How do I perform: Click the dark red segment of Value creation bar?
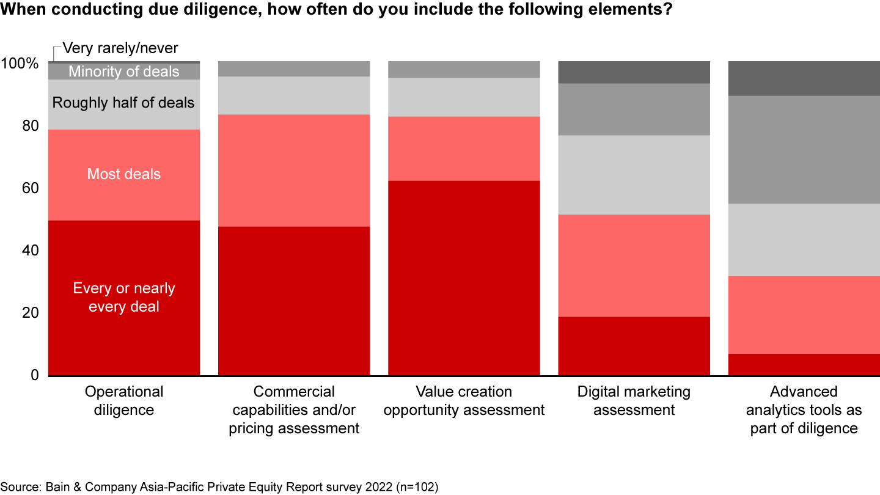[464, 277]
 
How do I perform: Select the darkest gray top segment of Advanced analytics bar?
[804, 78]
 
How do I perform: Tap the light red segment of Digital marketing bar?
[634, 265]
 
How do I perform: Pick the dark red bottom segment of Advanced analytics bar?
[804, 364]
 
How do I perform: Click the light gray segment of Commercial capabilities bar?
[294, 95]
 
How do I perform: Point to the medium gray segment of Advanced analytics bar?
[804, 150]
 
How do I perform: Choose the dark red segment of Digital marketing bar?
[634, 345]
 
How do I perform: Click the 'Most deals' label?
[123, 174]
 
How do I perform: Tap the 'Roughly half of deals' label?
[123, 103]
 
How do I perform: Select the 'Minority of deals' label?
[123, 71]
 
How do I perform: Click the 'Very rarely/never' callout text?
[120, 48]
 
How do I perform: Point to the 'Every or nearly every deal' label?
[123, 297]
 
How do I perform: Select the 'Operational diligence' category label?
[123, 400]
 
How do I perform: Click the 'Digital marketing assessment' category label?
[634, 400]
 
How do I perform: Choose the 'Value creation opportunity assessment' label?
[464, 400]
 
